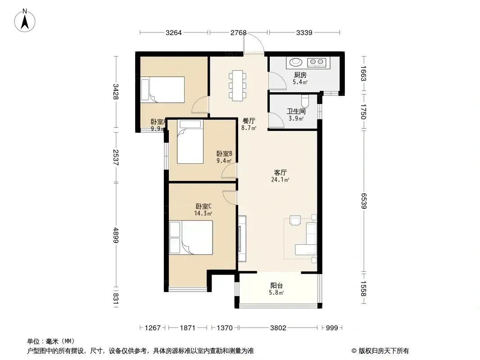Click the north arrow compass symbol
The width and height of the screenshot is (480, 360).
(x=25, y=21)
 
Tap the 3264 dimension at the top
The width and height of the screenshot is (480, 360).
(x=173, y=33)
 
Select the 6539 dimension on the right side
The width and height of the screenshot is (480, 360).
(x=363, y=201)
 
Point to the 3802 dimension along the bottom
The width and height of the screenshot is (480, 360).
(x=278, y=328)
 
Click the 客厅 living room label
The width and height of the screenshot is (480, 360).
(x=280, y=172)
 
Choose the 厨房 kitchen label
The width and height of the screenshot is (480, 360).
(x=300, y=75)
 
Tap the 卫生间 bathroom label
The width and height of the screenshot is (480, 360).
(x=296, y=111)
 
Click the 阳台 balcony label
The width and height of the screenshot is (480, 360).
(x=276, y=286)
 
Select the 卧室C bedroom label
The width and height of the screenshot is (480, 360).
(x=204, y=206)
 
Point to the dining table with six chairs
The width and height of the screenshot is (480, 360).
(x=238, y=85)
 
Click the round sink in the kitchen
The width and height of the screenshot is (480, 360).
(x=296, y=62)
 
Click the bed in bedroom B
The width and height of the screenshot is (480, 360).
(x=190, y=142)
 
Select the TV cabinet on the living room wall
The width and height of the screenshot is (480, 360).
(x=242, y=238)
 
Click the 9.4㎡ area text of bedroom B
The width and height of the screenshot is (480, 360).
(x=224, y=161)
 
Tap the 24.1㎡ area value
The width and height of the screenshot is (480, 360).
(x=280, y=180)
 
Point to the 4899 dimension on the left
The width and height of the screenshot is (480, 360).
(x=115, y=235)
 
